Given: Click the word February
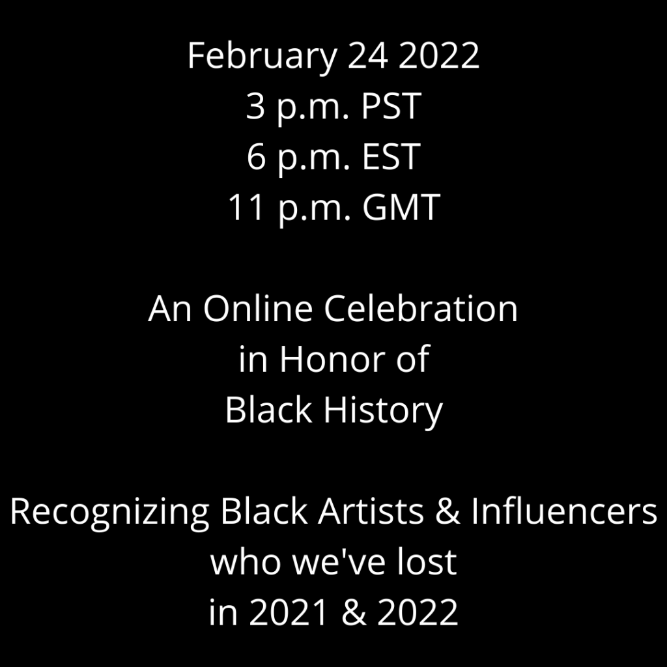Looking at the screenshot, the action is [x=262, y=57].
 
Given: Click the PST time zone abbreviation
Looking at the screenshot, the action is [x=391, y=106].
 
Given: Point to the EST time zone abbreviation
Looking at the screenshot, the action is [x=391, y=156].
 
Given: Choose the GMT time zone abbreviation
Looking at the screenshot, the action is [x=401, y=207].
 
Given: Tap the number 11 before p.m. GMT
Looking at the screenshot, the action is [x=246, y=207].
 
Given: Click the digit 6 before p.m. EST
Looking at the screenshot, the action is [x=256, y=156].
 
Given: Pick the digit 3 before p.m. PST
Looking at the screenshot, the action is [x=255, y=106].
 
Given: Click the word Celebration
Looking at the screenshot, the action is [x=421, y=308].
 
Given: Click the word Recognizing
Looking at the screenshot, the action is [x=109, y=512].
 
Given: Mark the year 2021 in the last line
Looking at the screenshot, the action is [x=289, y=612].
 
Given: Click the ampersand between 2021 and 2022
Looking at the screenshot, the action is [x=354, y=612].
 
